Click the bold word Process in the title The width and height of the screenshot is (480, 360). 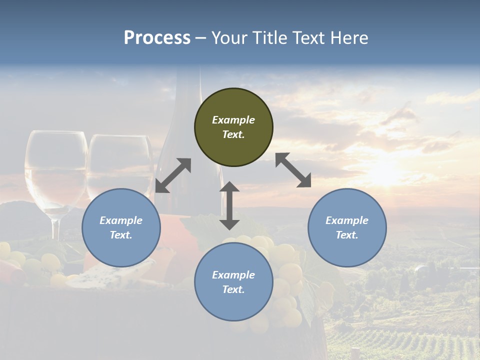pyautogui.click(x=157, y=38)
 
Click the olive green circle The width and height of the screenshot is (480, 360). pyautogui.click(x=233, y=127)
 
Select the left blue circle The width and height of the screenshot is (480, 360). pyautogui.click(x=121, y=227)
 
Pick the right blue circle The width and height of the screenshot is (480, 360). pyautogui.click(x=347, y=227)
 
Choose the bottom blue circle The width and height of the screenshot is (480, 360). pyautogui.click(x=233, y=282)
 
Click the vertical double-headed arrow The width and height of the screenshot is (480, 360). pyautogui.click(x=229, y=205)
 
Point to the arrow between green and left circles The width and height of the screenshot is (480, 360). pyautogui.click(x=173, y=175)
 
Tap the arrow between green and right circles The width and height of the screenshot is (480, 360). pyautogui.click(x=293, y=170)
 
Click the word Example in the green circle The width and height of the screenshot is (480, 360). pyautogui.click(x=233, y=120)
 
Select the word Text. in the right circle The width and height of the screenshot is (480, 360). pyautogui.click(x=347, y=235)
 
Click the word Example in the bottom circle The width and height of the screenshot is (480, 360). pyautogui.click(x=233, y=275)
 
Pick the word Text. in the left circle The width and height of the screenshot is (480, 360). pyautogui.click(x=121, y=235)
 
